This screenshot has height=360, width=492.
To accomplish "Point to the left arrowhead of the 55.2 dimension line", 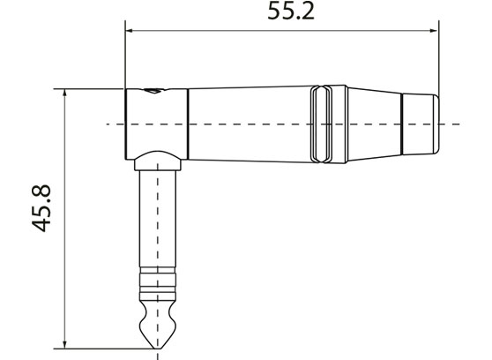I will click(x=130, y=31).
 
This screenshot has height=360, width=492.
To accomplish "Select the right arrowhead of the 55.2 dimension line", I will click(x=434, y=31).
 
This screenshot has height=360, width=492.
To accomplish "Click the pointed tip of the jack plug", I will click(x=158, y=344).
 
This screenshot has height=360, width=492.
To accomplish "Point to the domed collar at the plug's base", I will click(x=158, y=161).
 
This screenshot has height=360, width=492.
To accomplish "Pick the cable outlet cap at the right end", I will click(x=420, y=123).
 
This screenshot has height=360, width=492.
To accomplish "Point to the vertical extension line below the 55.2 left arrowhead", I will click(x=125, y=62).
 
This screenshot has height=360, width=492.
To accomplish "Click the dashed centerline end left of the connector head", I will click(x=109, y=124).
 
